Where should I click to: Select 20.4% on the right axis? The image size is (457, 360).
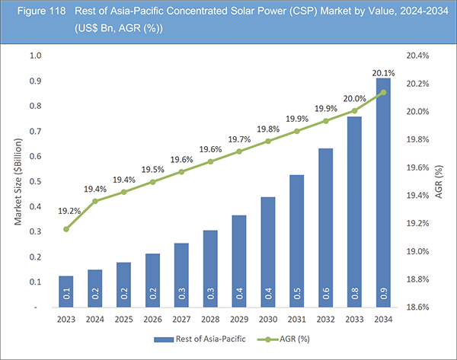click(x=418, y=56)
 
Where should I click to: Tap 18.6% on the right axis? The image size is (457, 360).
click(x=418, y=307)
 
